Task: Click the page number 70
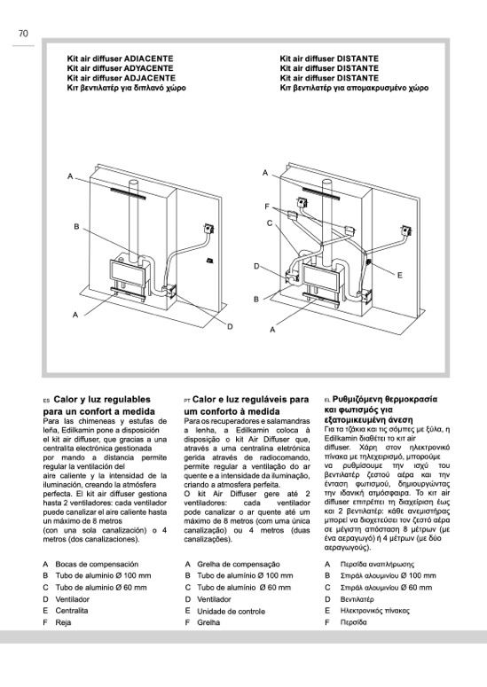(x=23, y=34)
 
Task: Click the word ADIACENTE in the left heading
(x=149, y=59)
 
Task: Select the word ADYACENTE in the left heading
(x=149, y=68)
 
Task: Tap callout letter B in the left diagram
(x=76, y=227)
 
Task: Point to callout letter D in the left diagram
(x=230, y=326)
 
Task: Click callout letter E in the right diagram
(x=399, y=275)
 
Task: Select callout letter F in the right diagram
(x=266, y=207)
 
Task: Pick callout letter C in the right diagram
(x=270, y=223)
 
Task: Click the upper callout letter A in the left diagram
(x=70, y=176)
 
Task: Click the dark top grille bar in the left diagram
(x=127, y=193)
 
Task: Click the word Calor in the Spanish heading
(x=66, y=400)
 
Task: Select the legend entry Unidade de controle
(x=231, y=611)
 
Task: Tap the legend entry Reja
(x=63, y=622)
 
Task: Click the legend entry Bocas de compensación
(x=97, y=565)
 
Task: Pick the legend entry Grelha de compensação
(x=239, y=565)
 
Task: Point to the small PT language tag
(x=187, y=401)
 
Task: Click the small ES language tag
(x=45, y=401)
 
